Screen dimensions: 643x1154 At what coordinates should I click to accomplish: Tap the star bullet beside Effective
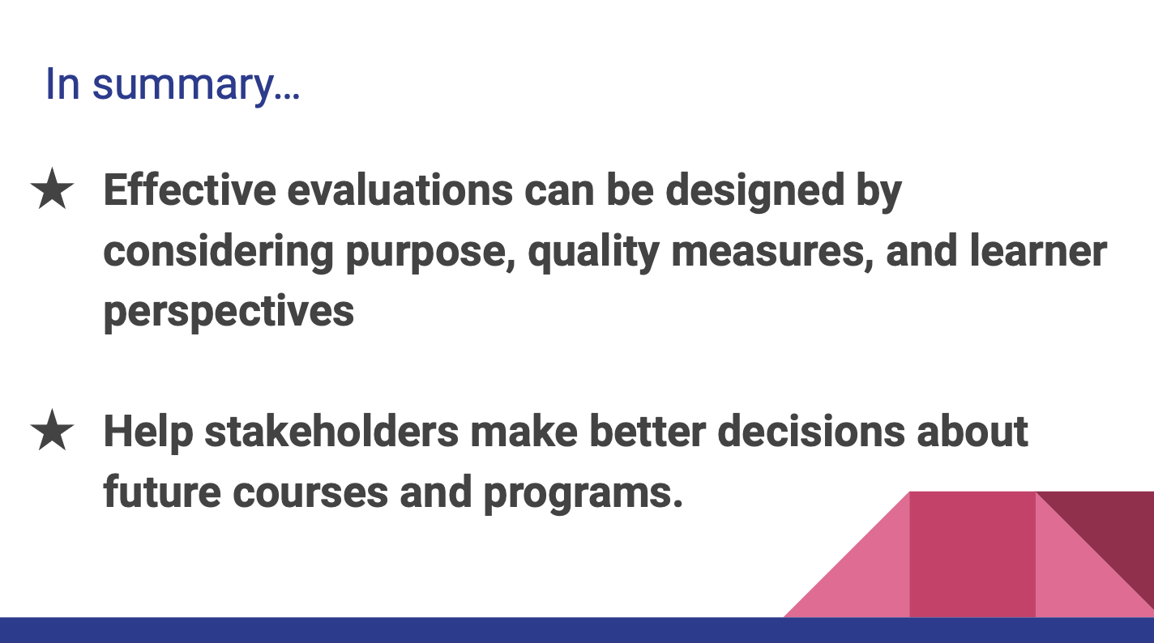coord(53,192)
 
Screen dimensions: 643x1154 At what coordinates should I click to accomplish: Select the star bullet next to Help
coord(53,432)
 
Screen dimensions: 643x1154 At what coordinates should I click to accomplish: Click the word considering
coord(218,253)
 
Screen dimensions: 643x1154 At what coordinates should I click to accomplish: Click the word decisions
coord(811,431)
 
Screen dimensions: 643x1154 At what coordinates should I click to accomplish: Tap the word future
coord(161,491)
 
